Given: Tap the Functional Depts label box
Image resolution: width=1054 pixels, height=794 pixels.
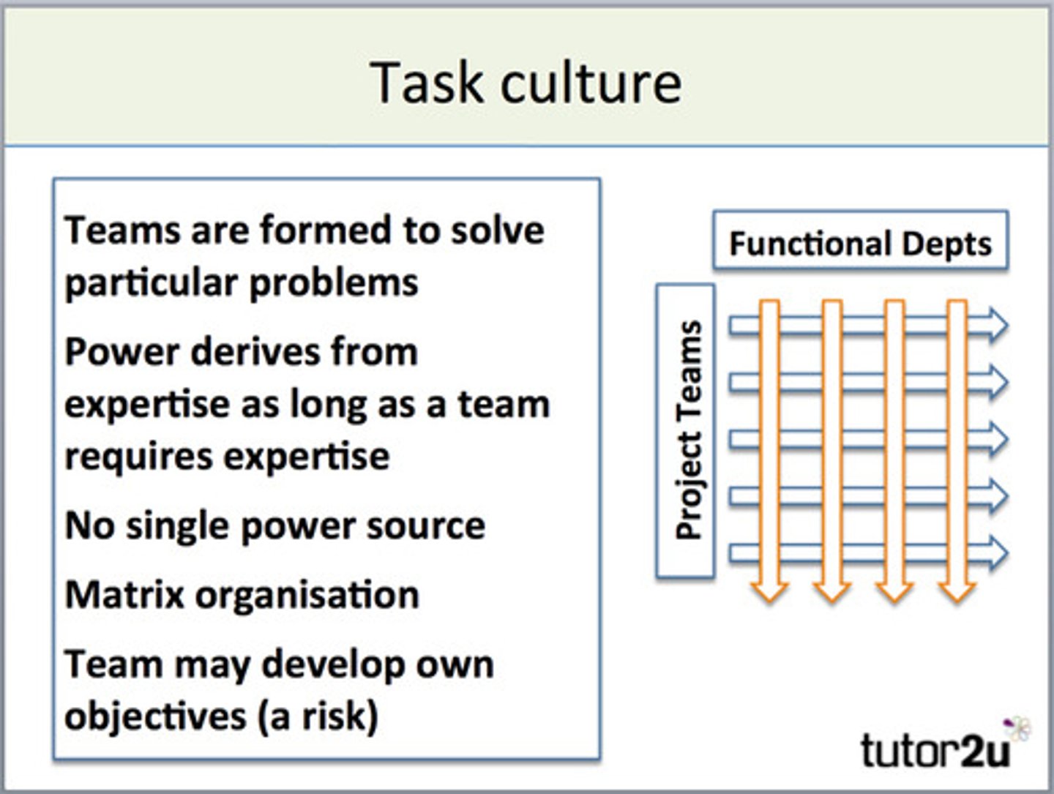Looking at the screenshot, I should click(x=860, y=242).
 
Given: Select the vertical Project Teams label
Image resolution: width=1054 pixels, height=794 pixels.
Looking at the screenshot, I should click(x=687, y=430).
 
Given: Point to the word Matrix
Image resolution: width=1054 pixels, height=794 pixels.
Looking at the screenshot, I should click(x=124, y=594).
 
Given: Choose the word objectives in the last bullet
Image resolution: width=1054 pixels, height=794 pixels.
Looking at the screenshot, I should click(x=154, y=716).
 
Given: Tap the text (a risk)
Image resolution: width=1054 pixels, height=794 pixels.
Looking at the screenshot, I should click(x=317, y=716).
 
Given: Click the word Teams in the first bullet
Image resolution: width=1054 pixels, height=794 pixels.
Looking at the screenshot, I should click(x=122, y=230).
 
